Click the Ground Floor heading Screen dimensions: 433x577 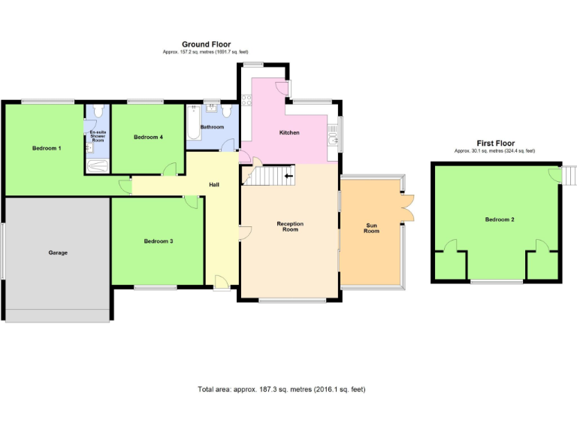(x=206, y=44)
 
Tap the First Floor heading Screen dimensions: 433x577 (x=494, y=143)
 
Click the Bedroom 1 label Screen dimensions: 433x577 (x=47, y=148)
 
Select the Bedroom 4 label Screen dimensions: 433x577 (x=148, y=137)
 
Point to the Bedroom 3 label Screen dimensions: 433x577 (x=159, y=241)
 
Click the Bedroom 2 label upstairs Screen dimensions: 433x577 (x=500, y=220)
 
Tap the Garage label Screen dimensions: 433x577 (x=58, y=253)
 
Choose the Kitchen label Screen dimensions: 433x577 (x=289, y=132)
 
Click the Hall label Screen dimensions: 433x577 (x=213, y=184)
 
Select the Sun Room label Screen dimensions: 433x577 (x=372, y=228)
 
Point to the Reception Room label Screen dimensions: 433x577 (x=289, y=226)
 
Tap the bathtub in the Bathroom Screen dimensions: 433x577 (x=192, y=124)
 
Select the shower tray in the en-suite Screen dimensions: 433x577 (x=98, y=166)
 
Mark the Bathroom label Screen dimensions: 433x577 (x=212, y=127)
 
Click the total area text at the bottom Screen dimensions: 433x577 (x=281, y=389)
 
